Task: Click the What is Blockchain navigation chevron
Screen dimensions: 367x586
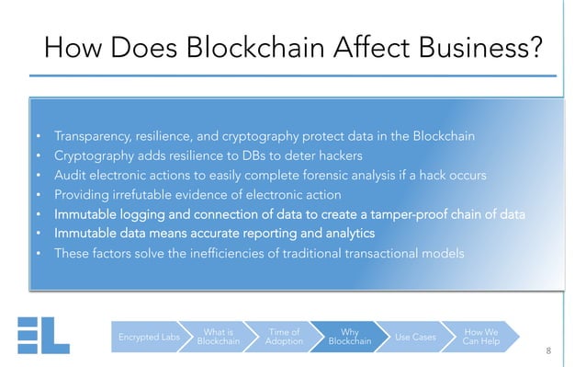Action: [218, 338]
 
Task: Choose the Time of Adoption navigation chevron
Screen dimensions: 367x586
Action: [283, 338]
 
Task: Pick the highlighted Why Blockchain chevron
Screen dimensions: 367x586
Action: [349, 338]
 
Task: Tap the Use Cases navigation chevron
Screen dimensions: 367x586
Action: [415, 338]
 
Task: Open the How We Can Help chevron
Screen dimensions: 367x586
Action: [480, 338]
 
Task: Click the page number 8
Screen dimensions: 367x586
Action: [547, 351]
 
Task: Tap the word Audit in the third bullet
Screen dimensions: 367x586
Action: [71, 175]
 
